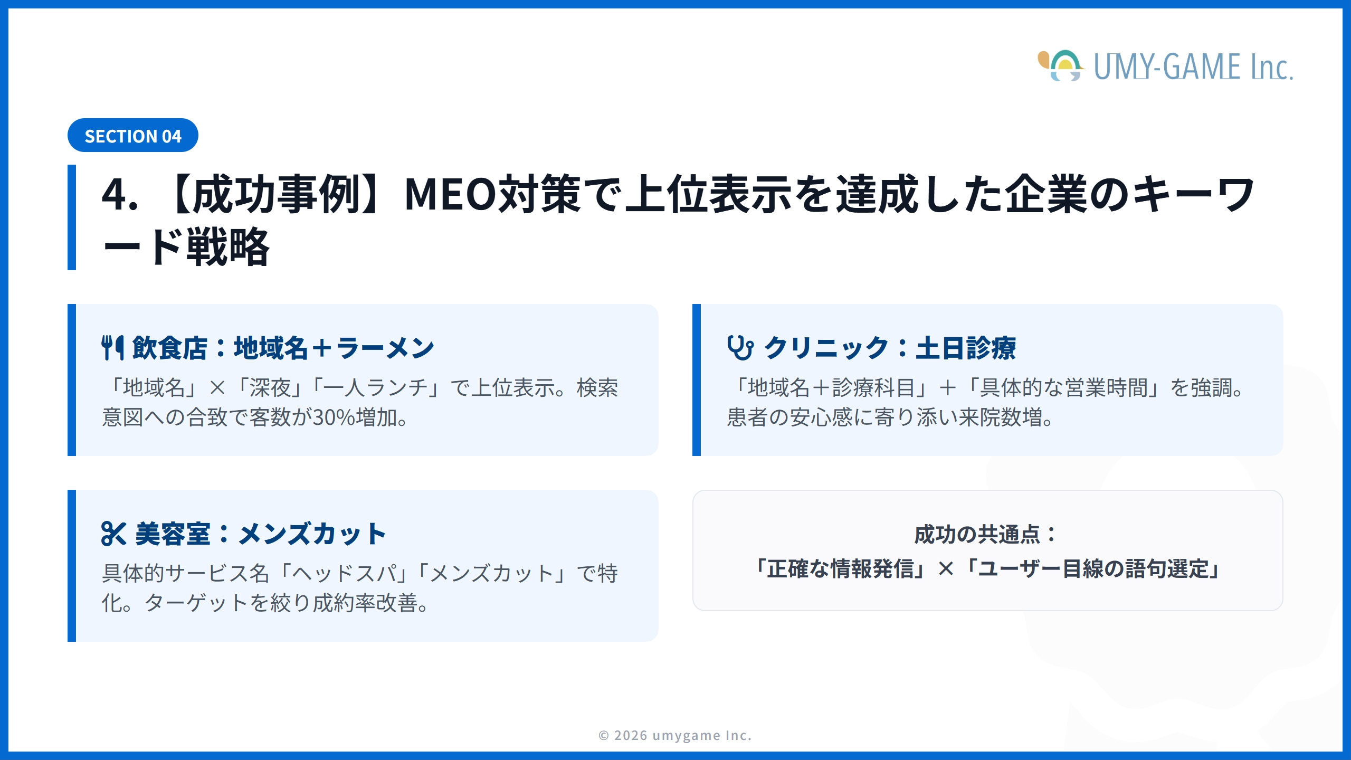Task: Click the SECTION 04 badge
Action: tap(132, 136)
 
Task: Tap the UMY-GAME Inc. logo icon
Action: tap(1061, 66)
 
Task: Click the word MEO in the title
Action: tap(450, 194)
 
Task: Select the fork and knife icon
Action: tap(112, 347)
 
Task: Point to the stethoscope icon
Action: tap(740, 347)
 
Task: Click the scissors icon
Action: tap(113, 533)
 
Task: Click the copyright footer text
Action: tap(675, 735)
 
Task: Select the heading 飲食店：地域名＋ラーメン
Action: tap(283, 348)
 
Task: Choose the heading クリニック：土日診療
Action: tap(890, 348)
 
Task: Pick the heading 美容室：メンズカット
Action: tap(261, 534)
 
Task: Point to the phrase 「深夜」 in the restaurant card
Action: tap(270, 388)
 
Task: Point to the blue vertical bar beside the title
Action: tap(72, 217)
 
